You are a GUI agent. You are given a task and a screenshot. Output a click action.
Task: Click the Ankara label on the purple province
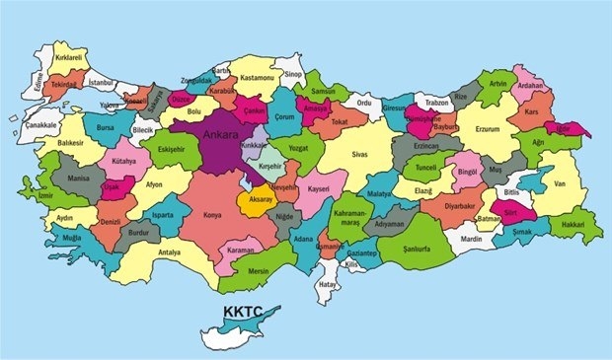click(218, 132)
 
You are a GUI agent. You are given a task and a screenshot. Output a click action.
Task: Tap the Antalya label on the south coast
click(168, 252)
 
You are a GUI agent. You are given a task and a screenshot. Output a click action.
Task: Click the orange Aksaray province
click(256, 198)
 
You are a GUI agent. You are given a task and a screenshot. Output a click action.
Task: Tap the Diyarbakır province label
click(460, 208)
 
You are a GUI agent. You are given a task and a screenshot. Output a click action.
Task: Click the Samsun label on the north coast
click(324, 91)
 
